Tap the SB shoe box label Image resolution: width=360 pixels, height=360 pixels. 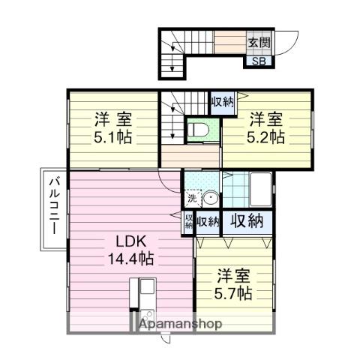[x=256, y=61]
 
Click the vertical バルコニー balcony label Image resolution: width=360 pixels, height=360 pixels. [x=54, y=205]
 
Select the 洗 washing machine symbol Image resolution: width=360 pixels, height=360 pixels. [x=191, y=199]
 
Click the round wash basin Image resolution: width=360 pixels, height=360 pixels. [x=209, y=199]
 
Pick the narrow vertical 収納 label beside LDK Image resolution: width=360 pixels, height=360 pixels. [x=188, y=221]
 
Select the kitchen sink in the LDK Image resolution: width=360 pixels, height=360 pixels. [x=146, y=289]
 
